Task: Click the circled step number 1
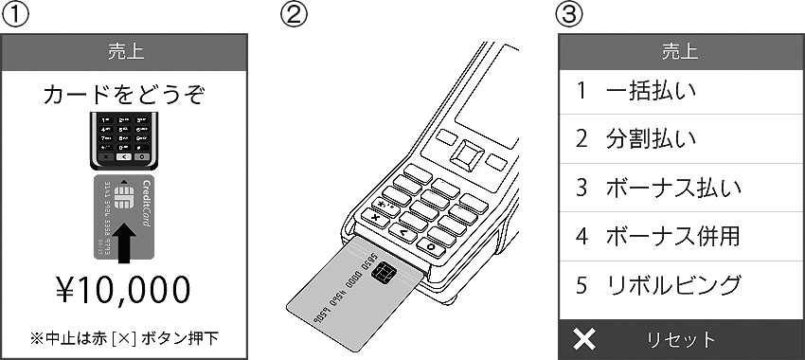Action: point(13,14)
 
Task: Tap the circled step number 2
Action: point(293,14)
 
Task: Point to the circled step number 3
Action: point(570,14)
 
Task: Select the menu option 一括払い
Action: point(651,91)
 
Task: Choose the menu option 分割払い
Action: point(651,139)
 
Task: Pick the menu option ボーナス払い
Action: point(673,188)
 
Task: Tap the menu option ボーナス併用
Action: point(673,236)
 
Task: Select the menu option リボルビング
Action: point(673,285)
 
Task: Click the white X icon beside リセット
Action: point(584,339)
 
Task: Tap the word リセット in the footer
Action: point(681,339)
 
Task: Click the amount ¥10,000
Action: point(124,290)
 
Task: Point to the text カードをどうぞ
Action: point(124,95)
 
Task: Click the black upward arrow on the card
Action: point(124,243)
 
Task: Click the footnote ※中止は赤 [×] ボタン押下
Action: point(124,339)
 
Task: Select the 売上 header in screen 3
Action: point(680,52)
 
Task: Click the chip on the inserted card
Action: point(384,272)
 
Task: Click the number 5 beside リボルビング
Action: point(581,285)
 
